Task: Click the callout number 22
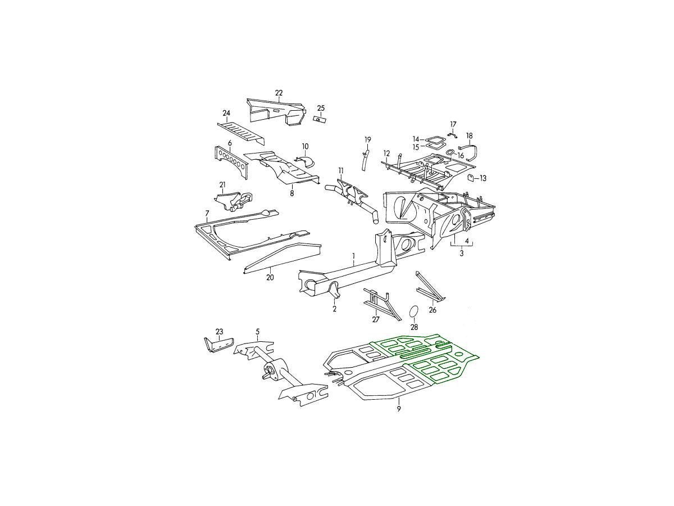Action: point(279,93)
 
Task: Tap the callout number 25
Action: point(321,108)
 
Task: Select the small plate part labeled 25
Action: point(320,119)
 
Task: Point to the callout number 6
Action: point(230,143)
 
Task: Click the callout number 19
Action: point(367,140)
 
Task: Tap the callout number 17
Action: point(453,124)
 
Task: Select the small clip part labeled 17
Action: point(453,135)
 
